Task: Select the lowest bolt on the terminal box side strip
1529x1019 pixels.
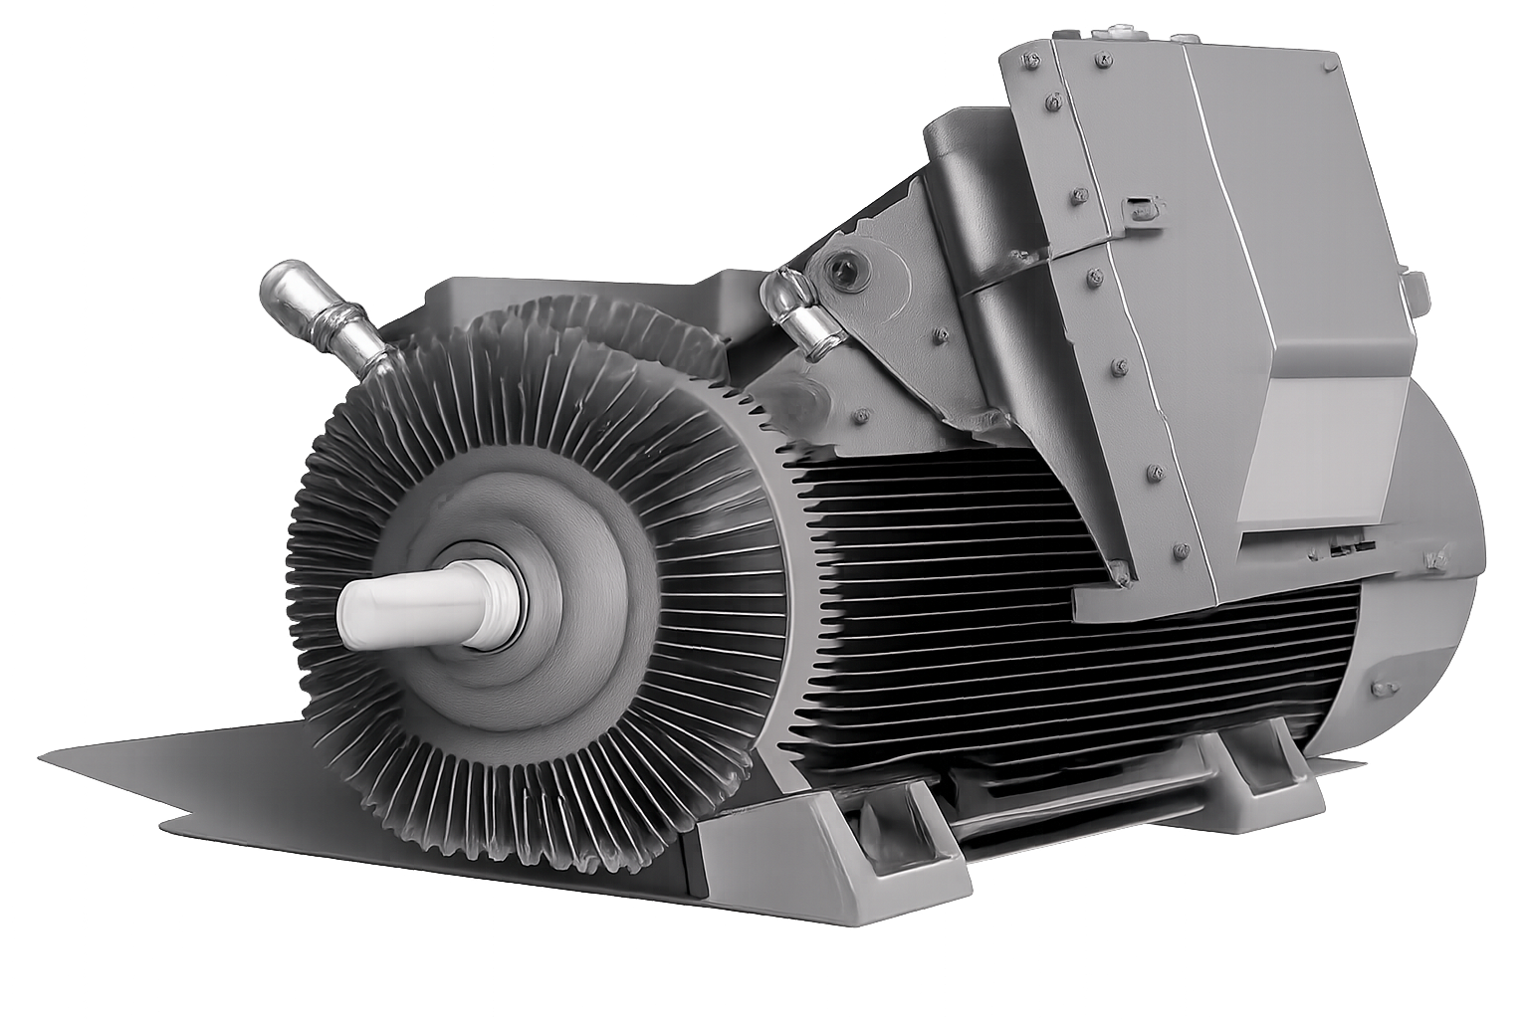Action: tap(1181, 546)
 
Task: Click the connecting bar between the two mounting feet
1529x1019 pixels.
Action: tap(1075, 796)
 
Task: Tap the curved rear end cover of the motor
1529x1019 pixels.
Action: tap(1433, 617)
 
